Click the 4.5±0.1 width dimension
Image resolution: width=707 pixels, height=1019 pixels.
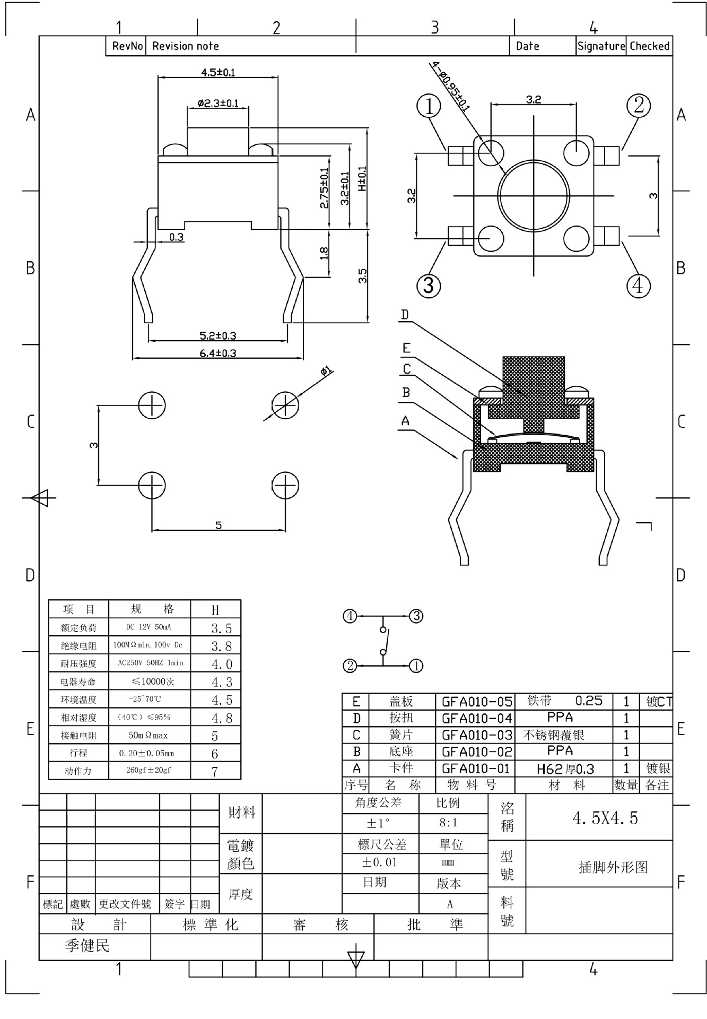[217, 72]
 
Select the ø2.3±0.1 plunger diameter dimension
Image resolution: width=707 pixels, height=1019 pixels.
[217, 103]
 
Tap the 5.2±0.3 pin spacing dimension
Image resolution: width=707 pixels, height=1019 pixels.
[217, 335]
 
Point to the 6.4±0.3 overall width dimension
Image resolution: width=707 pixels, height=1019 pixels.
[217, 353]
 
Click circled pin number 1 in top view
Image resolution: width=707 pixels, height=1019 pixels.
[429, 106]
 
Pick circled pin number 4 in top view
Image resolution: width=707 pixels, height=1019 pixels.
[638, 286]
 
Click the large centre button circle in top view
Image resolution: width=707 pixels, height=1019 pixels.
[534, 196]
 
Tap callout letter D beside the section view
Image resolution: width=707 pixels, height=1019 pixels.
[405, 315]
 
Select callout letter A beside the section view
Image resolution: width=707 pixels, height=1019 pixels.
[405, 421]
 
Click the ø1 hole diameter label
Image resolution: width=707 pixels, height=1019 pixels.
[326, 371]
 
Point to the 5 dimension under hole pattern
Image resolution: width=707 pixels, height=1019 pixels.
[219, 525]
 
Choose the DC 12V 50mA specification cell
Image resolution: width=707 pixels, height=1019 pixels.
[149, 627]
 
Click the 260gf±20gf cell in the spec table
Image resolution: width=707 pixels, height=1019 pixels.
[149, 770]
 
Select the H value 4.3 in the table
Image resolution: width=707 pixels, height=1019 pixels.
[222, 682]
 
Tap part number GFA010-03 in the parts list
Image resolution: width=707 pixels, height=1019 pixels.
[477, 735]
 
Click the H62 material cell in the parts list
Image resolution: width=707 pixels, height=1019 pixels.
[565, 768]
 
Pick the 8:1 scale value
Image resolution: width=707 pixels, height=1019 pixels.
[448, 823]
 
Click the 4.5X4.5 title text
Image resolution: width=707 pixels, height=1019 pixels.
[605, 818]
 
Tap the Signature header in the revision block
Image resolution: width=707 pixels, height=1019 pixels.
[601, 46]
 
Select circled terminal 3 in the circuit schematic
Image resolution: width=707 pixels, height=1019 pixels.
[416, 616]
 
